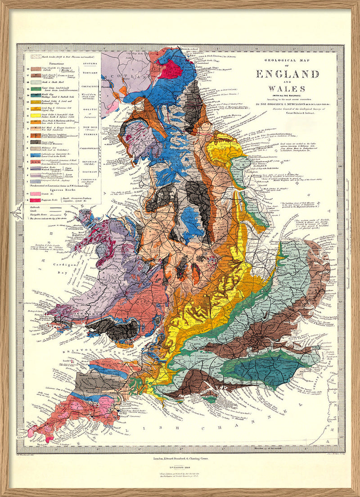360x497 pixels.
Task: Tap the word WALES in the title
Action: pos(287,89)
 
